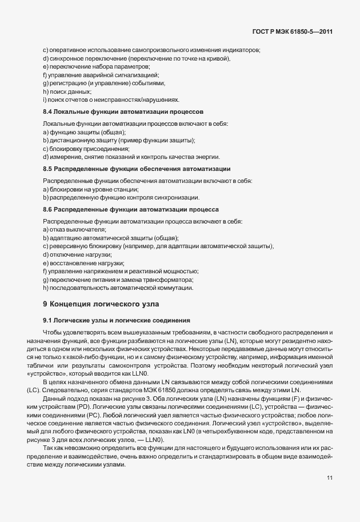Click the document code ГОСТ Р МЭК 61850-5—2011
(x=292, y=31)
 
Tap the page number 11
(x=330, y=477)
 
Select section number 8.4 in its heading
(x=48, y=111)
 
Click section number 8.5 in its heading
(x=48, y=169)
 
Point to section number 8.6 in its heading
(x=48, y=209)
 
